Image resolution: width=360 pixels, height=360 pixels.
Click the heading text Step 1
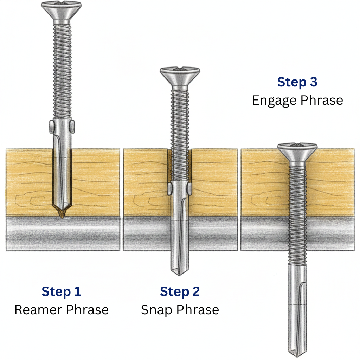61,291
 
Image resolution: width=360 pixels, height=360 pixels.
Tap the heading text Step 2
180,291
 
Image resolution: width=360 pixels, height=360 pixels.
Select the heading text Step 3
297,82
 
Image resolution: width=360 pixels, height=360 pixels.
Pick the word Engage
273,101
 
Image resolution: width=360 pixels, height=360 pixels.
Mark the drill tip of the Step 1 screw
62,213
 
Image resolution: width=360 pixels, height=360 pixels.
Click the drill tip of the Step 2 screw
179,271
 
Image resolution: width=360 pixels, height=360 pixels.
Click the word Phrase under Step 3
321,101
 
